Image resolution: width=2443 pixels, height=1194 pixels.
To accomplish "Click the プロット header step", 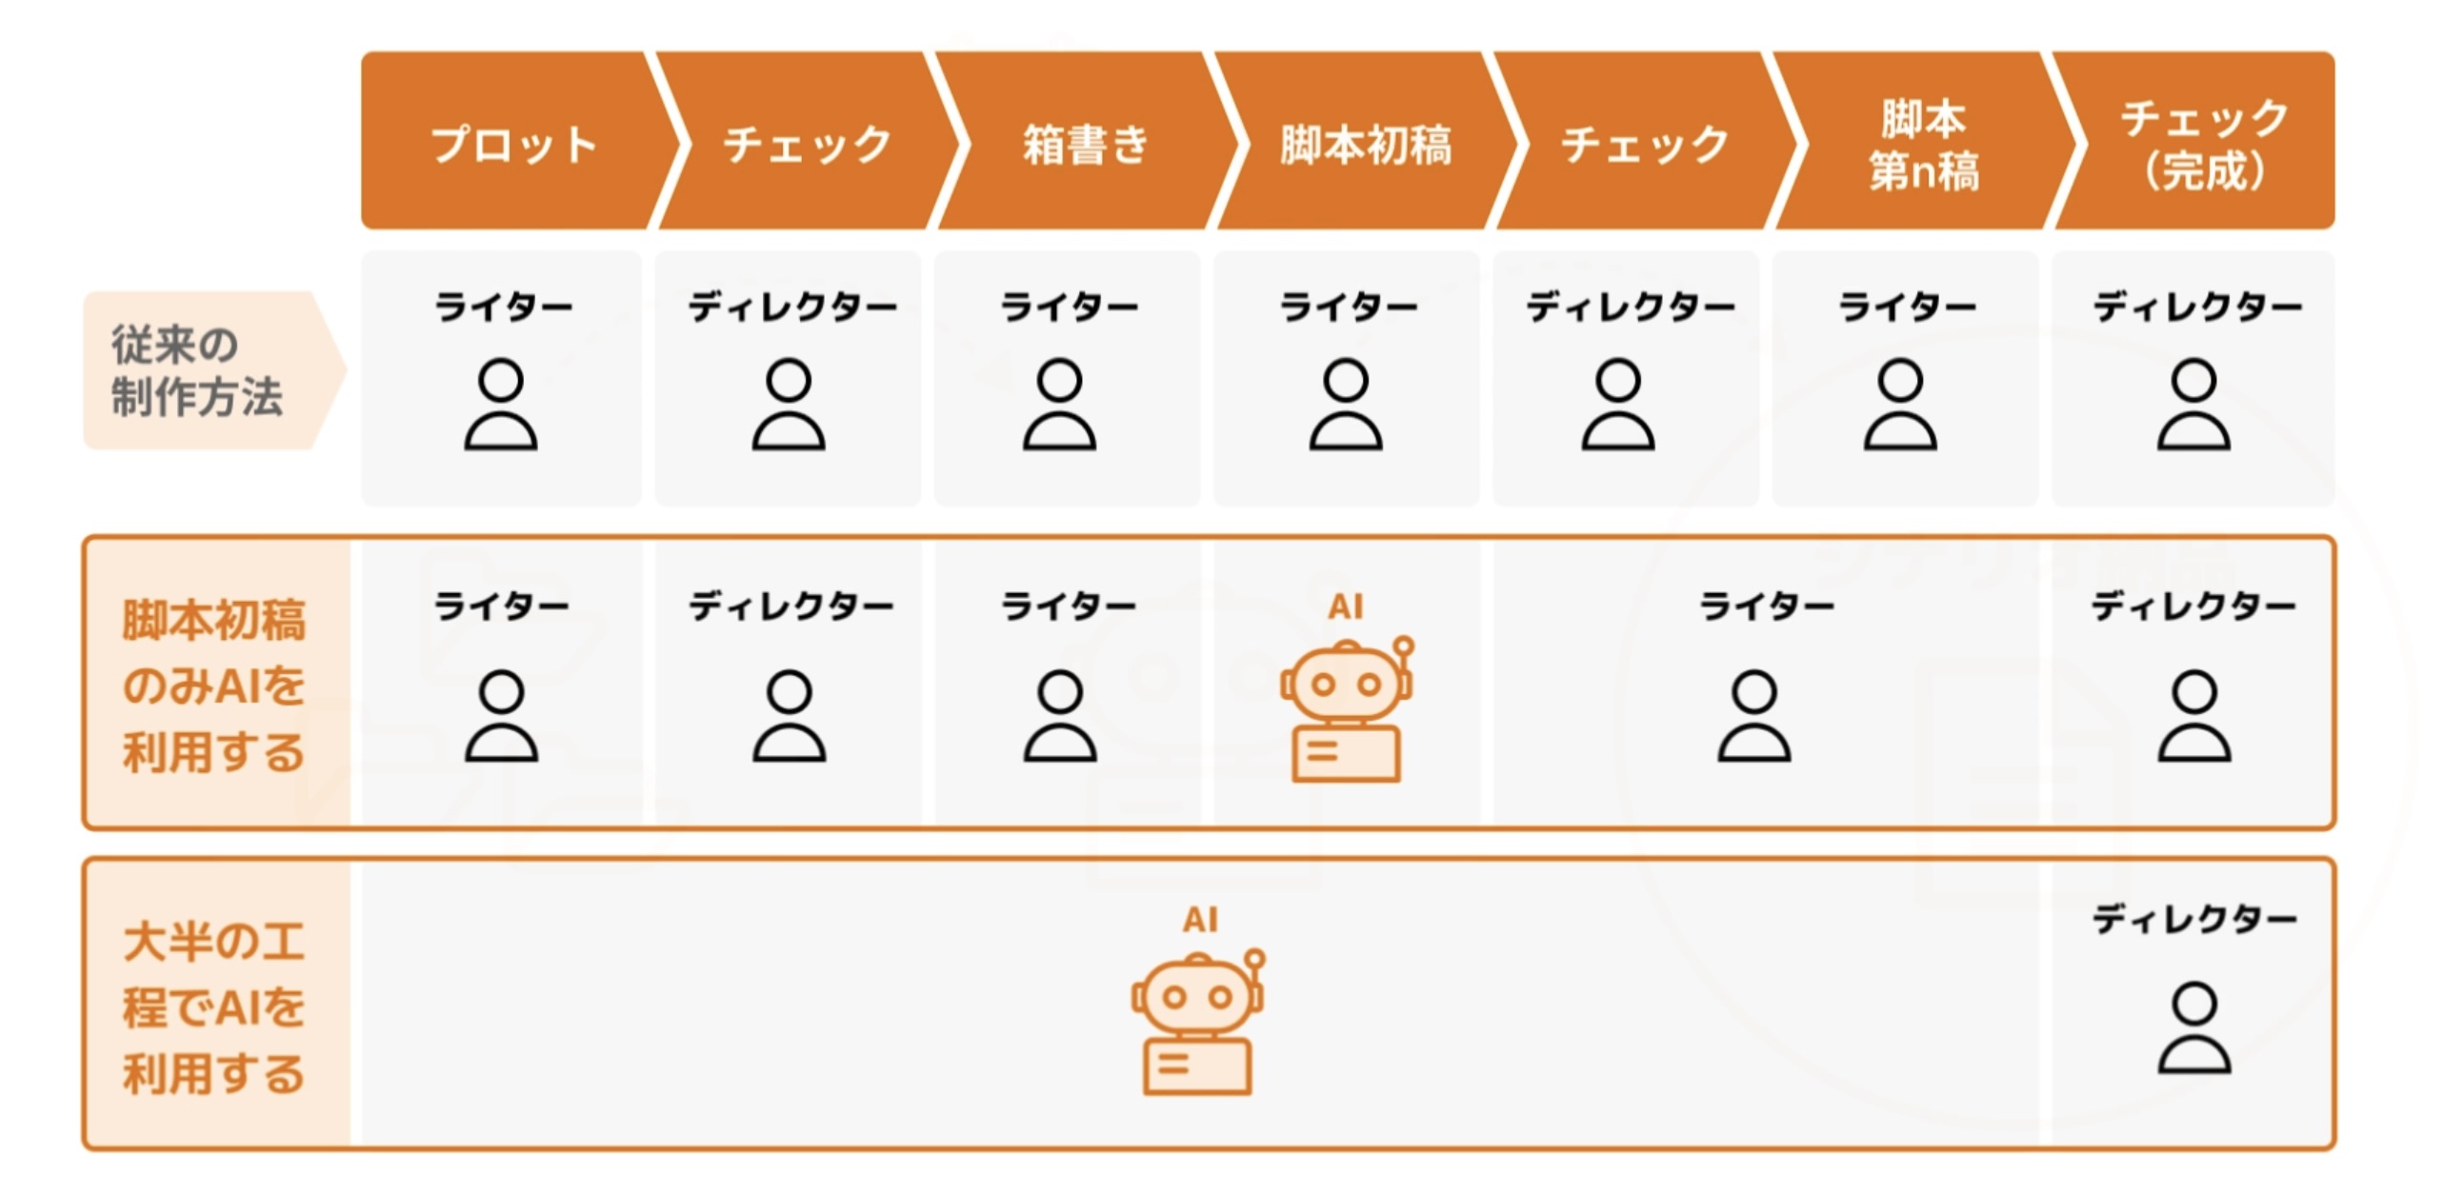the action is pos(512,143).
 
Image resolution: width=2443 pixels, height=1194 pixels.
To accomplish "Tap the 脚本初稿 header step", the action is pos(1365,143).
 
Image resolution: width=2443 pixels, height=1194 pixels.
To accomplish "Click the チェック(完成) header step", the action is pos(2202,143).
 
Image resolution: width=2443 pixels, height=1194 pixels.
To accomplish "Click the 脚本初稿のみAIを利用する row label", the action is pos(213,685).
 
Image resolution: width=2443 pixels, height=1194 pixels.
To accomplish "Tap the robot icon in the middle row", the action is pos(1346,710).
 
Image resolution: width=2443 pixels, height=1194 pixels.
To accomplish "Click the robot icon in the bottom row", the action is pos(1197,1024).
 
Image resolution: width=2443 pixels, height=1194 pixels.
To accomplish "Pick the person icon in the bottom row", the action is pos(2193,1028).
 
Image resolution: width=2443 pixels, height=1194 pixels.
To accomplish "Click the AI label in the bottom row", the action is pos(1199,919).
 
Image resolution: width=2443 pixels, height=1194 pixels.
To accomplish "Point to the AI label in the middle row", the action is pos(1345,606).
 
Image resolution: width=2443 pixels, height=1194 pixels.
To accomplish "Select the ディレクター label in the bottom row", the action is pos(2193,919).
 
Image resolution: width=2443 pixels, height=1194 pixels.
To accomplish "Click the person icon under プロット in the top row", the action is pos(501,404).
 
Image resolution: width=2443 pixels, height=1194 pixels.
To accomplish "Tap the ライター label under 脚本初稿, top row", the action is pos(1348,307).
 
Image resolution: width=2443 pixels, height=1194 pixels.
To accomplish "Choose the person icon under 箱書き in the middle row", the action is pos(1059,716).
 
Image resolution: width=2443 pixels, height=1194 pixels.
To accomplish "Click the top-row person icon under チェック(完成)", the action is pos(2193,404).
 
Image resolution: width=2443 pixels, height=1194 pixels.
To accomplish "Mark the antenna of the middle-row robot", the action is pos(1403,647).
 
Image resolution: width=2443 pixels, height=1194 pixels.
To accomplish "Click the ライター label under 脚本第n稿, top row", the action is pos(1906,307).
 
